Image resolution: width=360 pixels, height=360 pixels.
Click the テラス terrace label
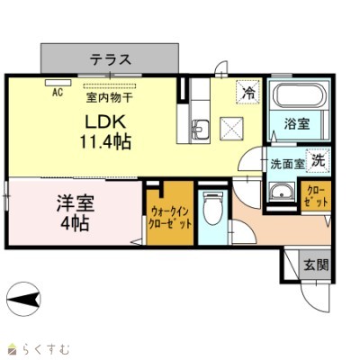pos(111,59)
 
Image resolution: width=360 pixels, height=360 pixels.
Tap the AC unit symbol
pos(58,83)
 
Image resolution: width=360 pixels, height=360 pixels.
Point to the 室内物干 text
pos(110,97)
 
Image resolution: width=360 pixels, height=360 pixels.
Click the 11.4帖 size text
pos(105,141)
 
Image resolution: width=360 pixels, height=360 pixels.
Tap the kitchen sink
pos(201,130)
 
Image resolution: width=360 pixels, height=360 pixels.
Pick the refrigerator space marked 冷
pos(247,92)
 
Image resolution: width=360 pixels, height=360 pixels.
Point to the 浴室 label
pos(297,123)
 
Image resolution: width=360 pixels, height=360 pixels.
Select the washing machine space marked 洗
pos(318,160)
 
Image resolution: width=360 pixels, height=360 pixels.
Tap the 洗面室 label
pos(287,164)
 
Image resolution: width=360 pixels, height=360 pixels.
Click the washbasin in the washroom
pos(282,193)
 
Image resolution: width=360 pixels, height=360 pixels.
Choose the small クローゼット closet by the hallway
pos(316,196)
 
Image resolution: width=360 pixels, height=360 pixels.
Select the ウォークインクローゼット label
pos(170,218)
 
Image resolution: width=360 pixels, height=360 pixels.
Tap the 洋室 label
pos(76,202)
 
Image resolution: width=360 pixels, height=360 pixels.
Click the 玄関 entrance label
pos(316,265)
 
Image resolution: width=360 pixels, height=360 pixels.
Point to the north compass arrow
pos(23,299)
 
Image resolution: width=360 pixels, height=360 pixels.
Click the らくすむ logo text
pos(45,349)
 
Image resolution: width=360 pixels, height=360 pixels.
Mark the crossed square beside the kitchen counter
pos(231,129)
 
